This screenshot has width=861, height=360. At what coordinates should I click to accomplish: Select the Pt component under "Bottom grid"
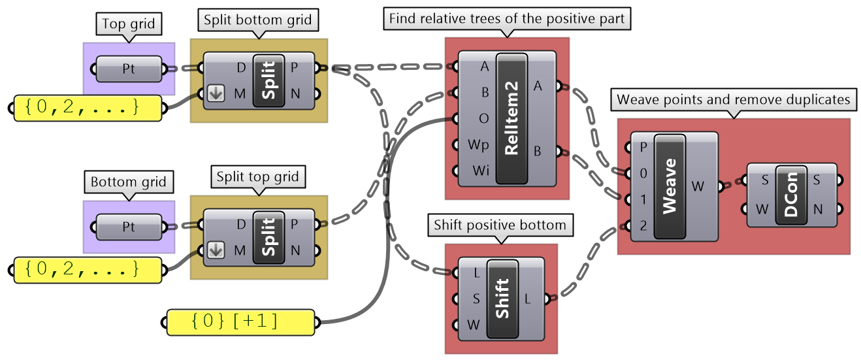[129, 227]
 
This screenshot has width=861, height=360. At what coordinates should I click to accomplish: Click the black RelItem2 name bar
[512, 118]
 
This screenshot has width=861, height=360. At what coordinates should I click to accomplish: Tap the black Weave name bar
[670, 186]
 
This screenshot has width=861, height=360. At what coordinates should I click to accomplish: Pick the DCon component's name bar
[791, 194]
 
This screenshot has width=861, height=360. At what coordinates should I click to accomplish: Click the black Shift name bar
[502, 299]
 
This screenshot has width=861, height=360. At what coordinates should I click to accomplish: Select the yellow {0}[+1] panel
[242, 321]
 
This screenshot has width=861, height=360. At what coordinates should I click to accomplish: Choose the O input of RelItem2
[483, 118]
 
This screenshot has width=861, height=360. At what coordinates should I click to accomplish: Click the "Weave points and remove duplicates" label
[734, 100]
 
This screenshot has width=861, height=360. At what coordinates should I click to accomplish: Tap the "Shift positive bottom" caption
[500, 225]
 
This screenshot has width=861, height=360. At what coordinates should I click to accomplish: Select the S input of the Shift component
[476, 299]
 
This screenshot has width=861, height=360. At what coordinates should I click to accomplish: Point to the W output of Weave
[698, 186]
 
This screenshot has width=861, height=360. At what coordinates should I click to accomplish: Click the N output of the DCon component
[818, 209]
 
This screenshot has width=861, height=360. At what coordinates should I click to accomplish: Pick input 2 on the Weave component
[643, 225]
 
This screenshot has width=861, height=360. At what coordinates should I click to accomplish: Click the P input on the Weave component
[643, 147]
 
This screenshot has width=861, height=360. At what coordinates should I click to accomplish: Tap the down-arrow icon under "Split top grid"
[216, 249]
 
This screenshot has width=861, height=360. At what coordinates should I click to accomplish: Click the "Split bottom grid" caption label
[257, 20]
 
